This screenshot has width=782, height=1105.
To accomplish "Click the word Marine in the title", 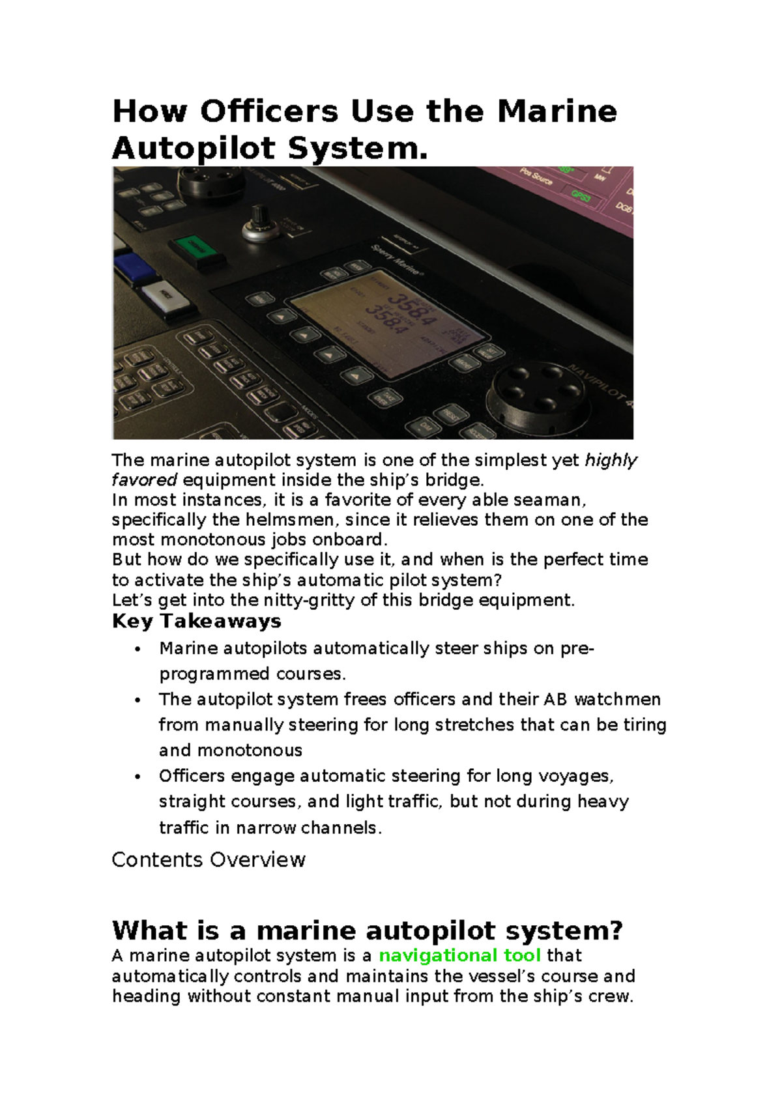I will pos(557,111).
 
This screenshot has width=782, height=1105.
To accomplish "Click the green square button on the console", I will pos(194,246).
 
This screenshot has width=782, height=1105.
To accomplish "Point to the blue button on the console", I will pos(134,267).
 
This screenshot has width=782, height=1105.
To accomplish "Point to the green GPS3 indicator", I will pos(580,194).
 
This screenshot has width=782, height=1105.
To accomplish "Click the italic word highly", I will pos(611,461).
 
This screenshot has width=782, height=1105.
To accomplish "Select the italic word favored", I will pos(144,481).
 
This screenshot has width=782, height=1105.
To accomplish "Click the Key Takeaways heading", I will pos(196,621).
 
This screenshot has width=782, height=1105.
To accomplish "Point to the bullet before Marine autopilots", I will pos(137,649).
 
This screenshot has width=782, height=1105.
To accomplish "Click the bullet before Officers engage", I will pos(137,777).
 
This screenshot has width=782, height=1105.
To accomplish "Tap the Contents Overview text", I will pos(209,860).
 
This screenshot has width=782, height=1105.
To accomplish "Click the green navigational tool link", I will pos(459,956).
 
